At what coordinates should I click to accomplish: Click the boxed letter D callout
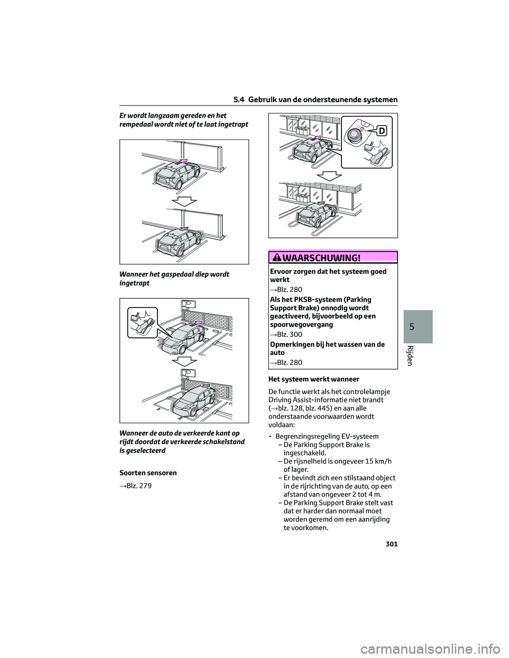382,130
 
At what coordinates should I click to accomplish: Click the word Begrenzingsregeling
308,436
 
